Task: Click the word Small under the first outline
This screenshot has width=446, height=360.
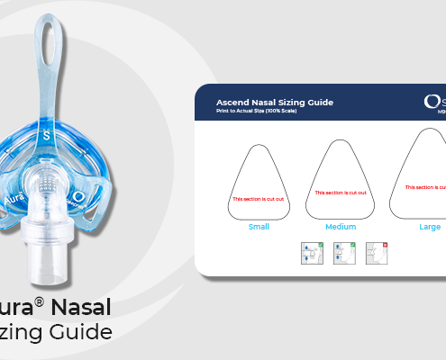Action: click(259, 227)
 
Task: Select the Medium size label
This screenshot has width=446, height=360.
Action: click(341, 227)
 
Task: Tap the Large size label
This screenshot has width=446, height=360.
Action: click(430, 227)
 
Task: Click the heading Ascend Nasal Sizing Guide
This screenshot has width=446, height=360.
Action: click(275, 102)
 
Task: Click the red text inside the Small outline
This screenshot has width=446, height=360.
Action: click(259, 198)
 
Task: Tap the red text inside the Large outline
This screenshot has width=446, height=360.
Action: click(425, 187)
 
